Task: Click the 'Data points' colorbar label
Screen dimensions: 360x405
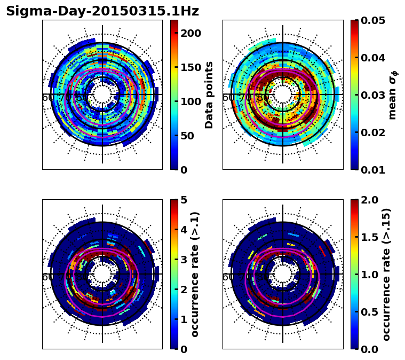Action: [x=210, y=95]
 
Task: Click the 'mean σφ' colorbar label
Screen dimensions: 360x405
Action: [x=393, y=95]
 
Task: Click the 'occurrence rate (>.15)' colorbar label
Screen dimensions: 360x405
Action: [x=386, y=274]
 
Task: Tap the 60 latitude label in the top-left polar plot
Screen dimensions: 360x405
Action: [x=47, y=98]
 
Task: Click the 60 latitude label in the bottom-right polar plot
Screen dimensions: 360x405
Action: [x=227, y=277]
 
